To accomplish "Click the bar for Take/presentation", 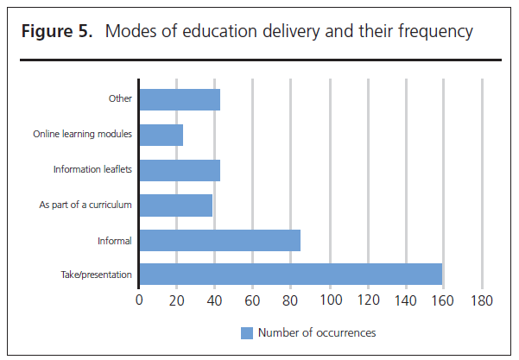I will coord(290,275).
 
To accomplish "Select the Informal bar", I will coord(219,240).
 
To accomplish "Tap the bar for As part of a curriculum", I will coord(175,205).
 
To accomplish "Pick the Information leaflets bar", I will coord(180,169).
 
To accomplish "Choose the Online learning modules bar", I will coord(161,135).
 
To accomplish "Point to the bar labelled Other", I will coord(180,99).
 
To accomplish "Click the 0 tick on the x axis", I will coord(139,301).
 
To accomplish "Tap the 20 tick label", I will coord(177,301).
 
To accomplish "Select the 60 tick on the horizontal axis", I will coord(253,301).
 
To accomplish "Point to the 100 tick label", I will coord(329,301).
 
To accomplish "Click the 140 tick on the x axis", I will coord(405,301).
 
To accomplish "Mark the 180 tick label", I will coord(481,301).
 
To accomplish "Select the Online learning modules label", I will coord(82,135).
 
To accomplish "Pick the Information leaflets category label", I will coord(92,169).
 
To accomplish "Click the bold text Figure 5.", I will coord(54,33).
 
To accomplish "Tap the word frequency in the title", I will coord(437,33).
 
